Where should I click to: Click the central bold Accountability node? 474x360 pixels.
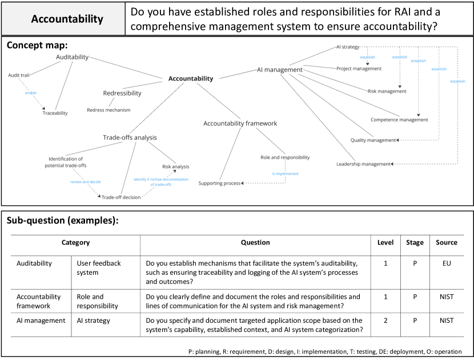pyautogui.click(x=190, y=79)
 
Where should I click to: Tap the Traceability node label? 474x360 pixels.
pyautogui.click(x=55, y=113)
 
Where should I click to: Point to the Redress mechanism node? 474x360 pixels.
pyautogui.click(x=109, y=110)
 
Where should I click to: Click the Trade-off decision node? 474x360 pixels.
pyautogui.click(x=121, y=197)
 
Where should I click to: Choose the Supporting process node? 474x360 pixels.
pyautogui.click(x=219, y=183)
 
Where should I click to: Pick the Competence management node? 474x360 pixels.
pyautogui.click(x=399, y=120)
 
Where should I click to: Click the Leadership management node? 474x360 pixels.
pyautogui.click(x=363, y=164)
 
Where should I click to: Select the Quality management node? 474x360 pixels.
pyautogui.click(x=373, y=140)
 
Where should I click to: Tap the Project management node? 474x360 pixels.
pyautogui.click(x=359, y=69)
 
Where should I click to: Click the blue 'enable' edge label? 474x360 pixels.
pyautogui.click(x=31, y=93)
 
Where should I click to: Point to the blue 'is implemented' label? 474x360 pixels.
pyautogui.click(x=285, y=173)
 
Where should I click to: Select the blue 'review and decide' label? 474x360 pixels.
pyautogui.click(x=86, y=181)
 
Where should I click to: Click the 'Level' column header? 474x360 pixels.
pyautogui.click(x=385, y=242)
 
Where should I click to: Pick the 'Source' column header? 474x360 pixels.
pyautogui.click(x=446, y=242)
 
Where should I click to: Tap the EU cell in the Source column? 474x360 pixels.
pyautogui.click(x=446, y=263)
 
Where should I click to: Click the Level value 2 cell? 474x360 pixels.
pyautogui.click(x=385, y=321)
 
